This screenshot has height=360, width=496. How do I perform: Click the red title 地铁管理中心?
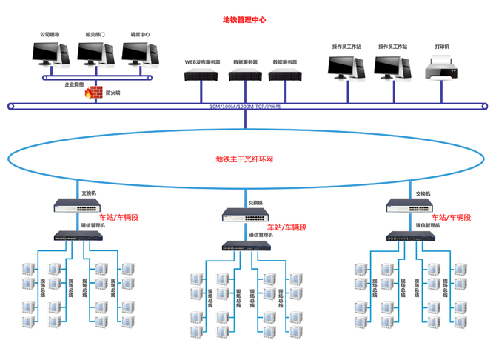point(244,21)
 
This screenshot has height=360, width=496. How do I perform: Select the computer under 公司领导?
point(51,53)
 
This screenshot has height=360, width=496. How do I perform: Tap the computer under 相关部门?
point(96,53)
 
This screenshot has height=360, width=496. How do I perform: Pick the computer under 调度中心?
point(140,53)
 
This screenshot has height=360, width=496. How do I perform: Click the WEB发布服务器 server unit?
point(202,75)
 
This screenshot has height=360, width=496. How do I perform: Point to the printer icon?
point(442,69)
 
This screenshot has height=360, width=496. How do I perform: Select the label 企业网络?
point(74,85)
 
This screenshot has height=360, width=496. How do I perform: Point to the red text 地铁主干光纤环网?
point(244,159)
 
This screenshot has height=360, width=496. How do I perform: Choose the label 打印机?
point(442,47)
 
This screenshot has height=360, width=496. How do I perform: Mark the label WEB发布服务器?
point(202,62)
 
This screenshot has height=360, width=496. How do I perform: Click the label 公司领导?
point(50,34)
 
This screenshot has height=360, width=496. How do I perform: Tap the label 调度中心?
point(140,34)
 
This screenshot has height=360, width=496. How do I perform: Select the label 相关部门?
point(95,34)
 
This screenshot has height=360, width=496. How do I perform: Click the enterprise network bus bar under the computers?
point(96,77)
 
